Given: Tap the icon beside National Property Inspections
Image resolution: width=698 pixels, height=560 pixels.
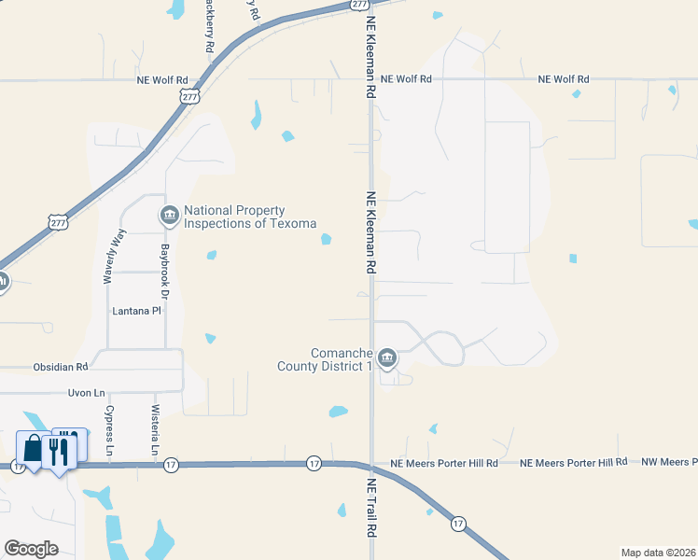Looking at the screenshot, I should pos(169,217).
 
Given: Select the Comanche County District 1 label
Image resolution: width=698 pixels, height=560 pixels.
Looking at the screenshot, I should pos(325,359).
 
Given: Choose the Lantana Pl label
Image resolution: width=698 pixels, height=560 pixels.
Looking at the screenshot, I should pos(136,311).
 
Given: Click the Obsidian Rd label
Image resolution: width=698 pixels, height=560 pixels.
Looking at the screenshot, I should pos(60,367).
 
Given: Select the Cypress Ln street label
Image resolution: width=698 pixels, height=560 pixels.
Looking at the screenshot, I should pos(109,429).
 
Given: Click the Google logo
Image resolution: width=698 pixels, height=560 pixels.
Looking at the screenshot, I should pos(31,548).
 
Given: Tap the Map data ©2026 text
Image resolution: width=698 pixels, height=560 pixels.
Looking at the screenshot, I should pos(658,553).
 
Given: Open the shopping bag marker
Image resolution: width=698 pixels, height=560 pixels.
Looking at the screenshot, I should pos(33,449).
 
